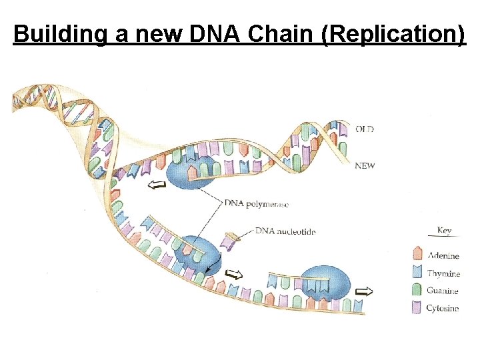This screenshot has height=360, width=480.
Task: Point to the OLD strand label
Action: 365,129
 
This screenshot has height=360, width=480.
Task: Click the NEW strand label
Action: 365,166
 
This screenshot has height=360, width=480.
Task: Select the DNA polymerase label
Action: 257,203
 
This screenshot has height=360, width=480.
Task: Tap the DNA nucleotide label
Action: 286,231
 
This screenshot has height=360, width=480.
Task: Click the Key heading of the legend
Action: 444,231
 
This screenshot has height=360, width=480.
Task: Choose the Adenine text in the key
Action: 443,255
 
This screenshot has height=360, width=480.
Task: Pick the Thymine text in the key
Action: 443,273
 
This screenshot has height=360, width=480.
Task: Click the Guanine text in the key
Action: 443,291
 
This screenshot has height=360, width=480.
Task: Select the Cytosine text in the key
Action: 443,308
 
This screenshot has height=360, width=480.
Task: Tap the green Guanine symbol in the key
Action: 417,290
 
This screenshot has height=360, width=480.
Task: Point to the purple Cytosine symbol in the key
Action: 417,307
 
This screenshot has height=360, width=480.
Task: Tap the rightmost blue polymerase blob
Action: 325,283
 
